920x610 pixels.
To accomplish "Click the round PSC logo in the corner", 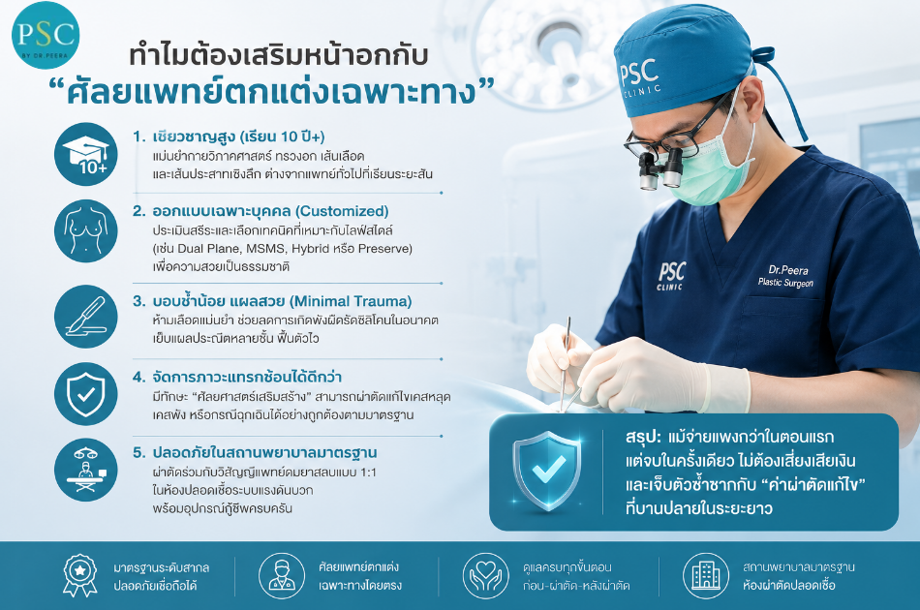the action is [x=46, y=35].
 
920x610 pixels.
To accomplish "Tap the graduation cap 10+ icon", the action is [x=85, y=154].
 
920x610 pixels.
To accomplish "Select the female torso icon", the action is [x=85, y=231].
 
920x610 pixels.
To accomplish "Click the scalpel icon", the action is [x=85, y=317].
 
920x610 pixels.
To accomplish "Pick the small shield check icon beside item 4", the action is [x=85, y=393].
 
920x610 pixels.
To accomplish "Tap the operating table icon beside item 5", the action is [x=85, y=471].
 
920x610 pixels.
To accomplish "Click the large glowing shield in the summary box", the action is [x=547, y=471].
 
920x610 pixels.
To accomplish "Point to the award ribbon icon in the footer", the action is [x=79, y=576].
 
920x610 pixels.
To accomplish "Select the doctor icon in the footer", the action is [x=282, y=576].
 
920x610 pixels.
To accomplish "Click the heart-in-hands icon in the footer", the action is [x=486, y=576].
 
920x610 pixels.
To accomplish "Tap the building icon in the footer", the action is [x=706, y=576].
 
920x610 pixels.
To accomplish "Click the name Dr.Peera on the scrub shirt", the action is [x=788, y=270].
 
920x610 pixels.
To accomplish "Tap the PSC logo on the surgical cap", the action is [x=640, y=78].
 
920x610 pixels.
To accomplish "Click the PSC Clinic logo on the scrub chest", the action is [x=671, y=276].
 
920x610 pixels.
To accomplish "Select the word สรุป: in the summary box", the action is [x=643, y=437].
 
